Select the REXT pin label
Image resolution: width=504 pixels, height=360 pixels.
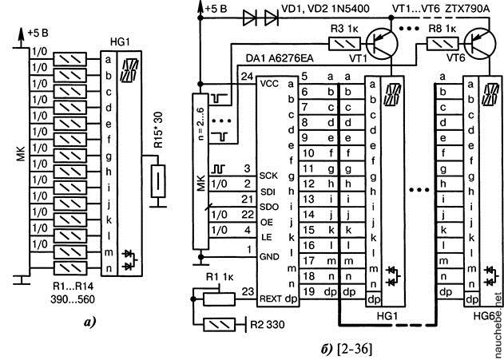pyautogui.click(x=271, y=299)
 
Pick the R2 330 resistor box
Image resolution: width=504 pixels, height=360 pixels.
pyautogui.click(x=224, y=325)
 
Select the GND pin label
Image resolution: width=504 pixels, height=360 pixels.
pyautogui.click(x=268, y=255)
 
